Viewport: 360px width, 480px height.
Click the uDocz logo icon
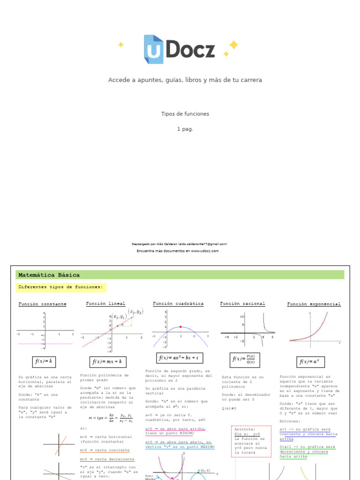point(153,49)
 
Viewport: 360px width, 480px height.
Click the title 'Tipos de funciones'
point(185,114)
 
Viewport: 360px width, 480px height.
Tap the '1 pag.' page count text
point(185,129)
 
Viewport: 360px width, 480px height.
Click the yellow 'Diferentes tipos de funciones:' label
point(60,287)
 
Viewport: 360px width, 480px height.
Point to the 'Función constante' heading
point(42,304)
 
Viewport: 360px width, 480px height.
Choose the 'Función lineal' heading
point(105,304)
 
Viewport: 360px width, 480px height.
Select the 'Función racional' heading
point(242,304)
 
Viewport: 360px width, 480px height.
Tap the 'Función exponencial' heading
point(314,304)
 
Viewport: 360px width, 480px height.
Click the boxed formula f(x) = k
point(44,361)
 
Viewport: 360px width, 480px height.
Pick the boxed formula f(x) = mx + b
point(107,362)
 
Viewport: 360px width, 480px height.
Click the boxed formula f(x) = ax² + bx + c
point(179,358)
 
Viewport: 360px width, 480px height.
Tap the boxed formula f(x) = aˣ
point(309,362)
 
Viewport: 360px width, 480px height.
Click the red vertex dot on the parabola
point(180,327)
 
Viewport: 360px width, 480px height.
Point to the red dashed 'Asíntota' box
point(251,441)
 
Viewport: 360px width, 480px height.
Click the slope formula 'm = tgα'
point(111,417)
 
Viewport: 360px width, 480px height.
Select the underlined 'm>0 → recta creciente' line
point(105,450)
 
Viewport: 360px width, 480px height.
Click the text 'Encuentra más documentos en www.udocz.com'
point(178,251)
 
